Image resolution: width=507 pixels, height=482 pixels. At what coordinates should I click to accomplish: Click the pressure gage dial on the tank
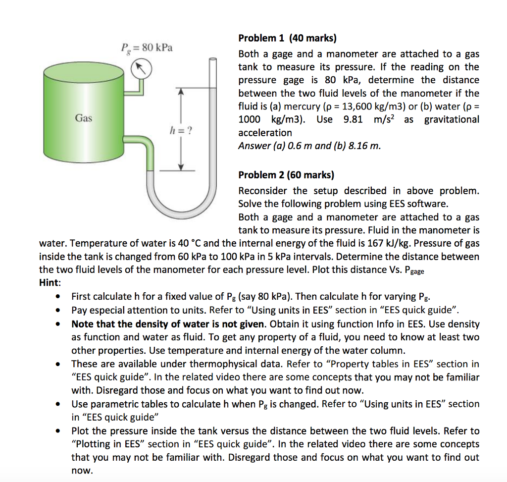tap(141, 69)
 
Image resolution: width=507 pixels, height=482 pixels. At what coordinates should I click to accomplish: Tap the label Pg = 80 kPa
tap(147, 48)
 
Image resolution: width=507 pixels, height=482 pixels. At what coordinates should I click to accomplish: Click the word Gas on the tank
tap(84, 118)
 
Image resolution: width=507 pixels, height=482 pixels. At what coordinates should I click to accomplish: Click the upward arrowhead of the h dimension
tap(181, 92)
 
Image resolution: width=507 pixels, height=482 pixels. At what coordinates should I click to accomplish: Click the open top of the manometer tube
tap(213, 59)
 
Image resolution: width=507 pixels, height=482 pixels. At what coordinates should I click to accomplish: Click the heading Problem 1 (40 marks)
tap(287, 38)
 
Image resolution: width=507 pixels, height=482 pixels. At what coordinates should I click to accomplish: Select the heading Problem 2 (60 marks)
tap(286, 175)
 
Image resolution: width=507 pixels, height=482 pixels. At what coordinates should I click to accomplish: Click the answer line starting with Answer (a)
tap(309, 146)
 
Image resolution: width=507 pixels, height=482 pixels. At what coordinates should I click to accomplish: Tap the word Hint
tap(50, 283)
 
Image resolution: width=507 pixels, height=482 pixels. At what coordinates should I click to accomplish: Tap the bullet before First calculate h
tap(59, 297)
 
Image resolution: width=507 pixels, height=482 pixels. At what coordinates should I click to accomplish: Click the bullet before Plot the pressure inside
tap(59, 431)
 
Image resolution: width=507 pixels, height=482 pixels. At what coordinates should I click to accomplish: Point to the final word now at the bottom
tap(82, 471)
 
